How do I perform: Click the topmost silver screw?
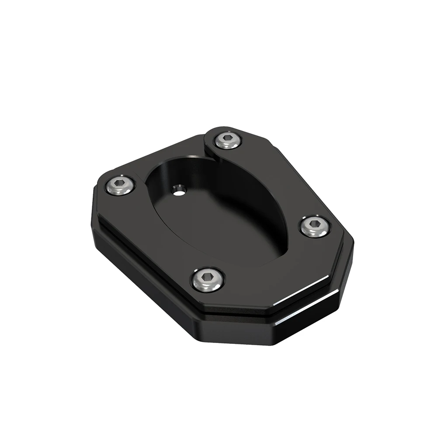[228, 140]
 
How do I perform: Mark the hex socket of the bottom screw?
[208, 278]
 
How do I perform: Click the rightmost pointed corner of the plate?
[353, 245]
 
